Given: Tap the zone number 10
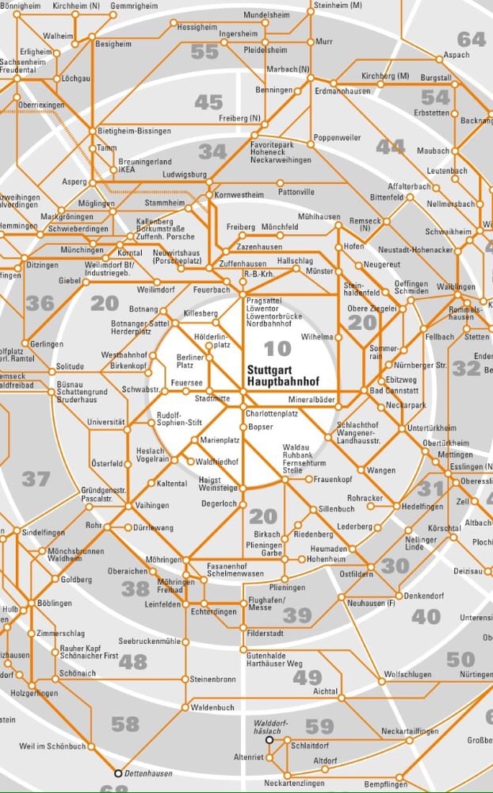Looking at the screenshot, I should pos(277,348).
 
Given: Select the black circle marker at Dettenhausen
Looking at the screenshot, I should pos(118,772).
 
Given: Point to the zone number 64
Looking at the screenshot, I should pos(471,39).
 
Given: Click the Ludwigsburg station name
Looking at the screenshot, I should pos(184,174).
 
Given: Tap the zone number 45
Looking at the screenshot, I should pos(208,102).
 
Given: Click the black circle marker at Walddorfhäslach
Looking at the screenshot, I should pos(269,739).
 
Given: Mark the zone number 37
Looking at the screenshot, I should pos(35,479).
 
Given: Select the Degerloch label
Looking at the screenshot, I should pos(220,503).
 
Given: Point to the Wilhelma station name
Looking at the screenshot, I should pos(317,336).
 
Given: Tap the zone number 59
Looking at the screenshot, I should pos(319,726).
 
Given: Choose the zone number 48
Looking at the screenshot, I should pos(132,661).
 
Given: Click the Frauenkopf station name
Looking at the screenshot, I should pos(333,479).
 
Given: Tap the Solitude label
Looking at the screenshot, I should pos(70,367).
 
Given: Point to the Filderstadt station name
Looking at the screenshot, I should pos(266,633).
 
